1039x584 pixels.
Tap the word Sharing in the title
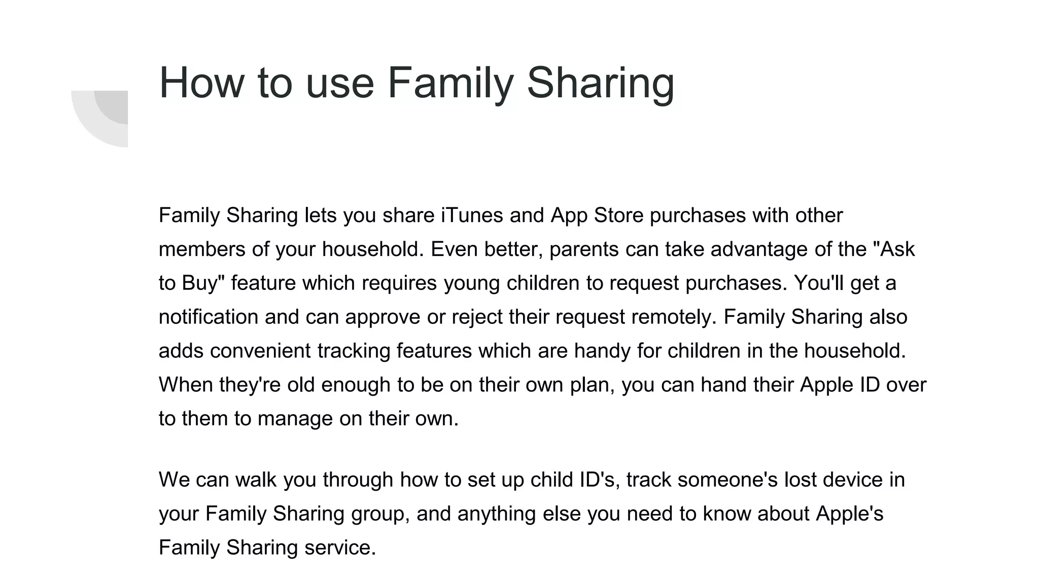[x=601, y=83]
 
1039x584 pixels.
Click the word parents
[x=584, y=249]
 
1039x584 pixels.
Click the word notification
[x=209, y=317]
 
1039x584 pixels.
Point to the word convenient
[x=260, y=351]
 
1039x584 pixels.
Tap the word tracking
[x=354, y=351]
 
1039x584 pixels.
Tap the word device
[x=852, y=480]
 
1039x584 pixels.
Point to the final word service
[x=340, y=547]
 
